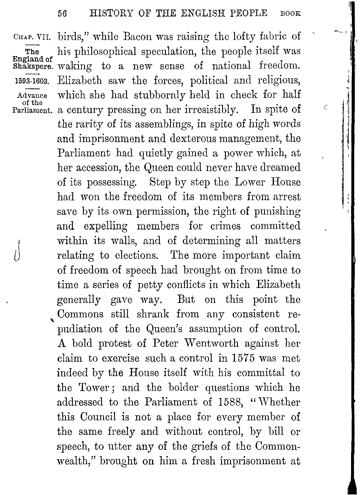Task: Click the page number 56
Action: coord(62,14)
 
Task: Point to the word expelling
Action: coord(105,226)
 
